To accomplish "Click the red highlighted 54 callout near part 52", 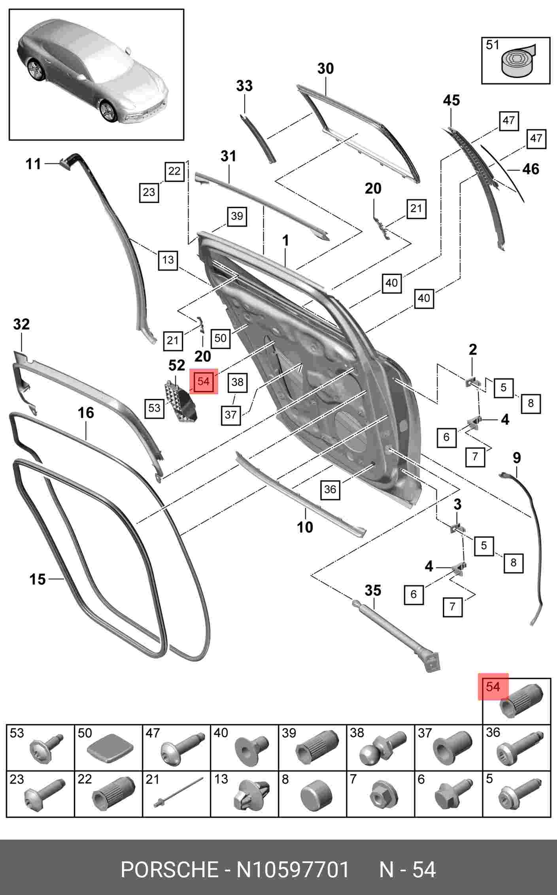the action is coord(204,381).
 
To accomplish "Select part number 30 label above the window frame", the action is coord(325,68).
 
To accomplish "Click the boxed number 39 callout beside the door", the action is coord(237,216).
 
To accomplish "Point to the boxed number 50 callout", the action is coord(220,338).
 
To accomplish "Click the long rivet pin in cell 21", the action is coord(177,792).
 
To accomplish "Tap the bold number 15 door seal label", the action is coord(38,579).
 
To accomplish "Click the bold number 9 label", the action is coord(517,458).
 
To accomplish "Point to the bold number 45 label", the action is coord(451,100).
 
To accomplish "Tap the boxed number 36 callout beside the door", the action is coord(330,489).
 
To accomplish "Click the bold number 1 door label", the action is coord(285,240).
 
